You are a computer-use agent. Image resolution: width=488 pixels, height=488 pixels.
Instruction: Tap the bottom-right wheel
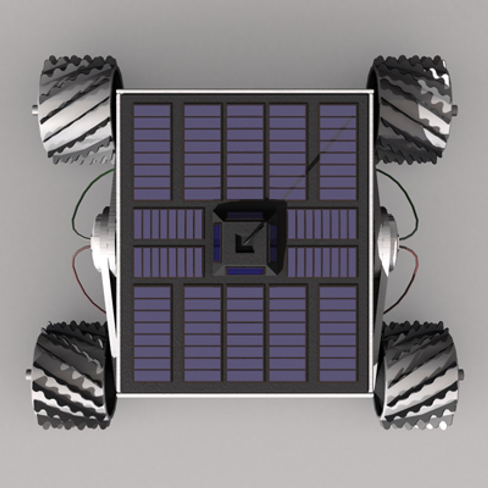[418, 375]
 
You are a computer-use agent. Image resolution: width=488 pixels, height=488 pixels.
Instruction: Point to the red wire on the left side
[79, 276]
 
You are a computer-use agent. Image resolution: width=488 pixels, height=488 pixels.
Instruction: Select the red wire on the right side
[409, 276]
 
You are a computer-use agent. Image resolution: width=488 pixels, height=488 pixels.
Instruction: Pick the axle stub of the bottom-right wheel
[460, 375]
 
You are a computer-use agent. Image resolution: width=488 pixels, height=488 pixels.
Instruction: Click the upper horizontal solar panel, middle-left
[169, 224]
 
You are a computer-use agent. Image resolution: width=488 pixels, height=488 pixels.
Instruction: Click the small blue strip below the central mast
[245, 271]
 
